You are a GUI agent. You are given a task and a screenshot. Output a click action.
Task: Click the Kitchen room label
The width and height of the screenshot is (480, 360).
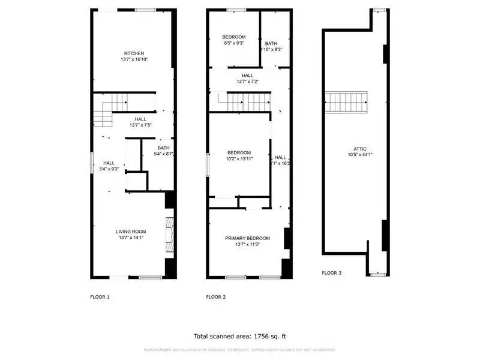coord(134,53)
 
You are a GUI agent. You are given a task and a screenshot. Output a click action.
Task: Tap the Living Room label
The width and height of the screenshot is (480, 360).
coord(131,232)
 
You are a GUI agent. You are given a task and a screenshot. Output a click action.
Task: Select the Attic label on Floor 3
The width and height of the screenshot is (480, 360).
coord(360,149)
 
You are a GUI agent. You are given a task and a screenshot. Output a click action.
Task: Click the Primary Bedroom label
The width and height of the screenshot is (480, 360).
coord(247,238)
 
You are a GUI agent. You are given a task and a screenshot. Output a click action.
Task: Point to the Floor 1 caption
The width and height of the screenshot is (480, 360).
coord(100,297)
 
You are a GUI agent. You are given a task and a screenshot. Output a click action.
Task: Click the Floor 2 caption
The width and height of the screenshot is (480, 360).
coord(215,297)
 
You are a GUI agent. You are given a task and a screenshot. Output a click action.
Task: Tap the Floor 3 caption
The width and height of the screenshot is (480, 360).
coord(331,273)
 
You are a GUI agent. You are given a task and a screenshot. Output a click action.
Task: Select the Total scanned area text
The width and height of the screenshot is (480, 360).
coord(244,336)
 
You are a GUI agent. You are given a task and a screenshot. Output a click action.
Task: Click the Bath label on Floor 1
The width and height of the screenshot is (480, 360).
coord(164,148)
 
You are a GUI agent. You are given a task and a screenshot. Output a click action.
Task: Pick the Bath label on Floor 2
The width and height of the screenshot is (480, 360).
coord(271,43)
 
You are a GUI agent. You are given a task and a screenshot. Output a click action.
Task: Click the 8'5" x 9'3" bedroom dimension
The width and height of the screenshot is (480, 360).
coord(234,43)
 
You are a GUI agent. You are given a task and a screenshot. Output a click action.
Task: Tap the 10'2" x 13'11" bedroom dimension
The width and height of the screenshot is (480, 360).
coord(239,159)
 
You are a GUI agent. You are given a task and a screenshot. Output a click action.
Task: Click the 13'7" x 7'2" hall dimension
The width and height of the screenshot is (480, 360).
coord(247,82)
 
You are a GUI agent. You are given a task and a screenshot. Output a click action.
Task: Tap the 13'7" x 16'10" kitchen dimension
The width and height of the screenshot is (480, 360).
coord(134,59)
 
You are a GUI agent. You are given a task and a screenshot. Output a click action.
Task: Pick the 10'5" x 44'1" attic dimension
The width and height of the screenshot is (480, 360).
coord(360,155)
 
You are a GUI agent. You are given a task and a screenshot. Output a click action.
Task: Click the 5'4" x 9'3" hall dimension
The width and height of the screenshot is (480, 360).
coord(109,169)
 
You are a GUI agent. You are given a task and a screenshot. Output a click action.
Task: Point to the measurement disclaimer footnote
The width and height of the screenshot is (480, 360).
coord(240,350)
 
